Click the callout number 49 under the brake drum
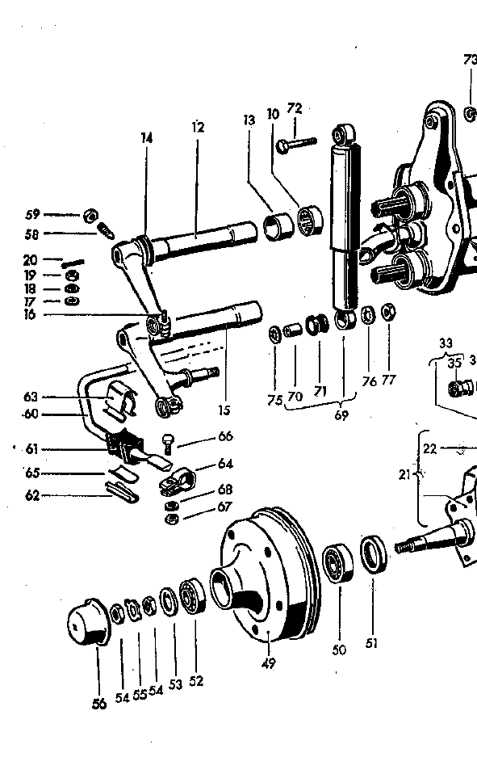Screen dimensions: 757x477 coord(269,664)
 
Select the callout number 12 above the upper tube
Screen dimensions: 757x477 coord(198,127)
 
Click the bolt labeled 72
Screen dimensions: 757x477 coord(299,145)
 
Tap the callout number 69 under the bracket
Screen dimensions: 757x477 coord(341,415)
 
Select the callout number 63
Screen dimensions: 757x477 coord(31,397)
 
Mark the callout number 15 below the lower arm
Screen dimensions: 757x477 coord(224,410)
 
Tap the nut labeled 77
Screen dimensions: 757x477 coord(387,312)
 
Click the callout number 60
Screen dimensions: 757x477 coord(31,416)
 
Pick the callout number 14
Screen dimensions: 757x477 coord(146,138)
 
